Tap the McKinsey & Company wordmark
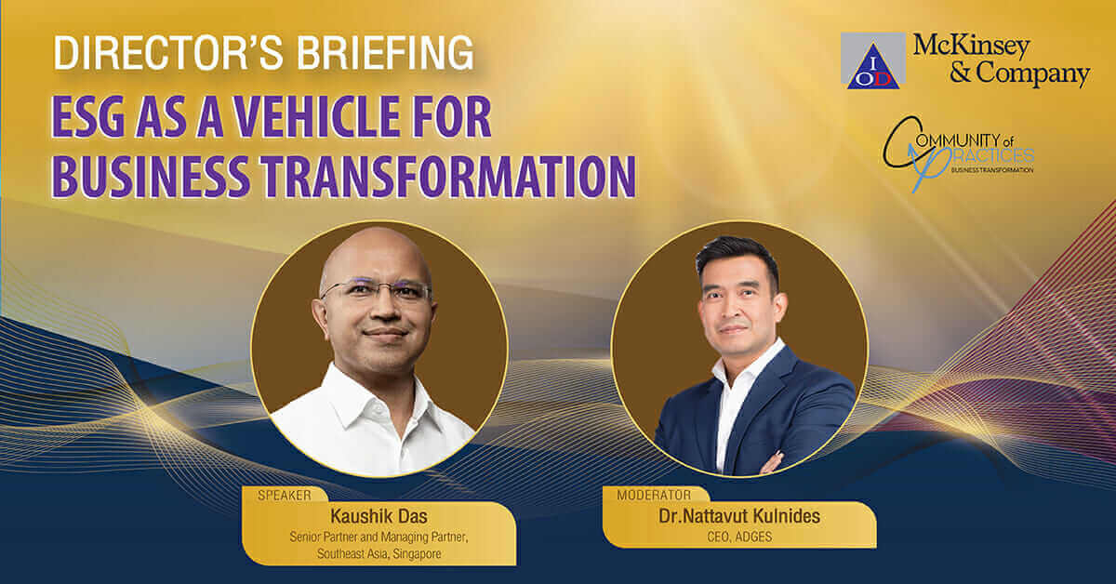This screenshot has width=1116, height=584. [1002, 60]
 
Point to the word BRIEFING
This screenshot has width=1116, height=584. [385, 52]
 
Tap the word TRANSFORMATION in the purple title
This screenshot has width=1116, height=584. [449, 177]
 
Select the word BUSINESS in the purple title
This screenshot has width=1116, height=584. [151, 177]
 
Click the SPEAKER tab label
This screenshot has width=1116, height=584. [285, 496]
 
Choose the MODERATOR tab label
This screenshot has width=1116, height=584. [654, 495]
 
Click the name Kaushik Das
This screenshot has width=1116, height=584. [379, 516]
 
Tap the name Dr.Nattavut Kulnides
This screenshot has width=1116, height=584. [739, 516]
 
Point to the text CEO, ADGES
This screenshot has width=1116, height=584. [739, 537]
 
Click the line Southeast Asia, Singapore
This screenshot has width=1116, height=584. [379, 553]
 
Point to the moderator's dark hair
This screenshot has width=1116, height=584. [737, 259]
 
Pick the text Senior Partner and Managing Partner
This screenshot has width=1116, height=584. [379, 538]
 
